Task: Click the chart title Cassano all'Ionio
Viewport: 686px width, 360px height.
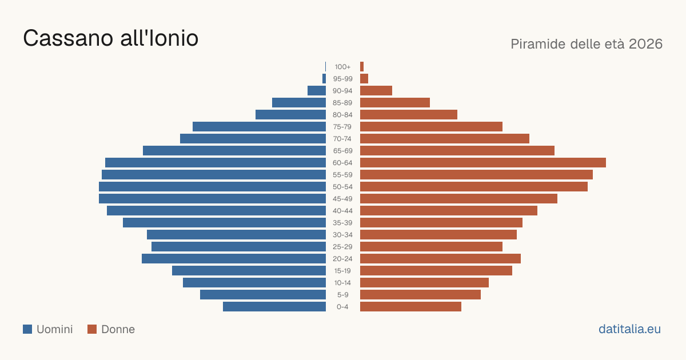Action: pos(110,38)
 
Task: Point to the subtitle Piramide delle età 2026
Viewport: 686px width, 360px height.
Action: pos(587,44)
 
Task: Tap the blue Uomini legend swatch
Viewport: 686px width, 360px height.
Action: pos(27,329)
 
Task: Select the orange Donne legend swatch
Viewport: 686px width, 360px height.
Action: pos(92,329)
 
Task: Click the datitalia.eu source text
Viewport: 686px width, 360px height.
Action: pos(629,329)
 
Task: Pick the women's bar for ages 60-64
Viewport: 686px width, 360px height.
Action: pos(483,162)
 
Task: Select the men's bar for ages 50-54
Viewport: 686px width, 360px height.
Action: pos(212,187)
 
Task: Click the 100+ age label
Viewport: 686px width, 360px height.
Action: pos(342,67)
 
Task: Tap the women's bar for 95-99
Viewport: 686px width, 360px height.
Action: pos(364,79)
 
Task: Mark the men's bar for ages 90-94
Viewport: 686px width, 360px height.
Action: pos(317,91)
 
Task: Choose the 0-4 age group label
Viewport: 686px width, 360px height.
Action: pos(342,307)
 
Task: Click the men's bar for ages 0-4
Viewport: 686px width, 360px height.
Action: pos(274,307)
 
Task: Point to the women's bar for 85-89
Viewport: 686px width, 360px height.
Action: pos(395,102)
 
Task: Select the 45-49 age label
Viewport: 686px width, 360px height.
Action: pos(342,199)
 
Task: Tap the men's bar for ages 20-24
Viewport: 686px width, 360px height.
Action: pos(234,259)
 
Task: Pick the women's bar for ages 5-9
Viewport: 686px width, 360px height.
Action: pos(421,295)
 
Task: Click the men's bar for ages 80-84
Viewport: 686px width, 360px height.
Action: pos(290,115)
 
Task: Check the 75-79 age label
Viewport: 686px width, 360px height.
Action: pos(342,127)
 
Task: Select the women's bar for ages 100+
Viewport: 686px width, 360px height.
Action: pos(362,67)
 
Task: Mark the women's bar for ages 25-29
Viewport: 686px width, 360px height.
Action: pos(431,247)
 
